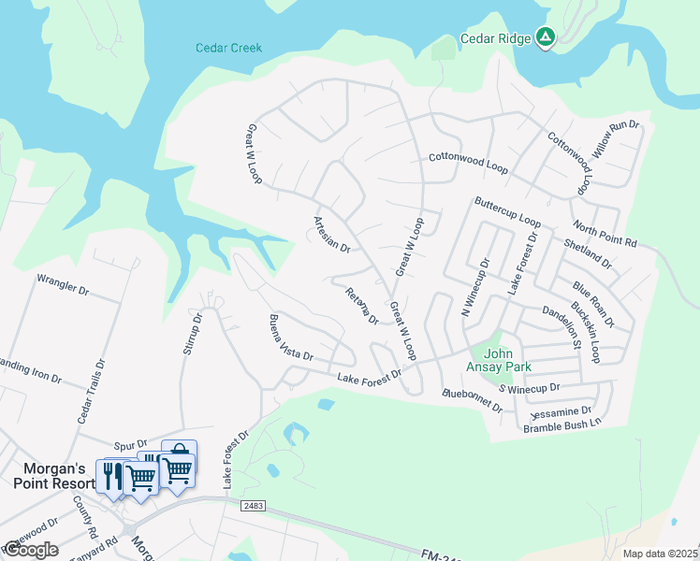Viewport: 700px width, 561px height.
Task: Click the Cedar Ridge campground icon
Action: (x=546, y=38)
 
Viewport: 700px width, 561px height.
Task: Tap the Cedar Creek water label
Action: (x=228, y=48)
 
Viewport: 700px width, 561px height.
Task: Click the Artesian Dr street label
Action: (x=331, y=235)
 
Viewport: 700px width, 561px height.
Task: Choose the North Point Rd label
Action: (x=605, y=236)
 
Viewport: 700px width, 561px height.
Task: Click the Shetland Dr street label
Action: (x=588, y=253)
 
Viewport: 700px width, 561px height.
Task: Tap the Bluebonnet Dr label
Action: (x=473, y=401)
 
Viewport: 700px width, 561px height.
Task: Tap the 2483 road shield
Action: (x=254, y=506)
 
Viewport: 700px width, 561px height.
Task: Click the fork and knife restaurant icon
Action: (x=109, y=476)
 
